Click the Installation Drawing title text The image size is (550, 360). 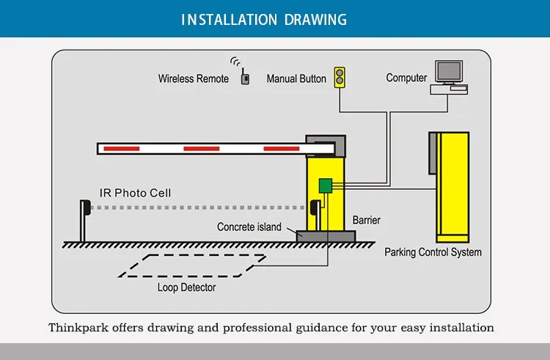pyautogui.click(x=274, y=19)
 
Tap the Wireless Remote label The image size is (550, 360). pyautogui.click(x=194, y=78)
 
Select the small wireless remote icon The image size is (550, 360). pyautogui.click(x=245, y=76)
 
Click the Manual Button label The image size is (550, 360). pyautogui.click(x=296, y=78)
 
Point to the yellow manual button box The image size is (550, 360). pyautogui.click(x=340, y=77)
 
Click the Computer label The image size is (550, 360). pyautogui.click(x=406, y=78)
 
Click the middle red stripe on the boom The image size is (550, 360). pyautogui.click(x=201, y=149)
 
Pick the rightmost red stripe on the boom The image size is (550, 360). pyautogui.click(x=281, y=149)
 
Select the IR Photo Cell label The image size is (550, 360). pyautogui.click(x=136, y=193)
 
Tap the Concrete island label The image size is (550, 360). pyautogui.click(x=249, y=227)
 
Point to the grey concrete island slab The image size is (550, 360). pyautogui.click(x=326, y=236)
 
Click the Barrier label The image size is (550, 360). pyautogui.click(x=367, y=220)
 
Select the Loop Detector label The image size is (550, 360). pyautogui.click(x=187, y=287)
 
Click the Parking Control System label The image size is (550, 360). pyautogui.click(x=433, y=253)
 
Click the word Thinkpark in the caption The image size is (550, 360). pyautogui.click(x=78, y=327)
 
